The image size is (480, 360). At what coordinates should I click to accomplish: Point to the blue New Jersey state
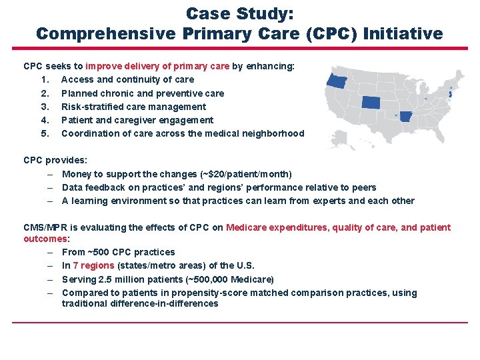pos(450,95)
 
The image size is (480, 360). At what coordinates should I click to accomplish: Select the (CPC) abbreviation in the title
pos(331,33)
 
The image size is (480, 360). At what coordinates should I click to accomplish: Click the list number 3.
pos(44,107)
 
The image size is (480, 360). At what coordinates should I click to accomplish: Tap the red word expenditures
pos(297,227)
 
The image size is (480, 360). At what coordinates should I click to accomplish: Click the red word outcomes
pos(45,238)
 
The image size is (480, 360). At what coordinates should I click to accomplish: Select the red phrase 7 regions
pos(93,265)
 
